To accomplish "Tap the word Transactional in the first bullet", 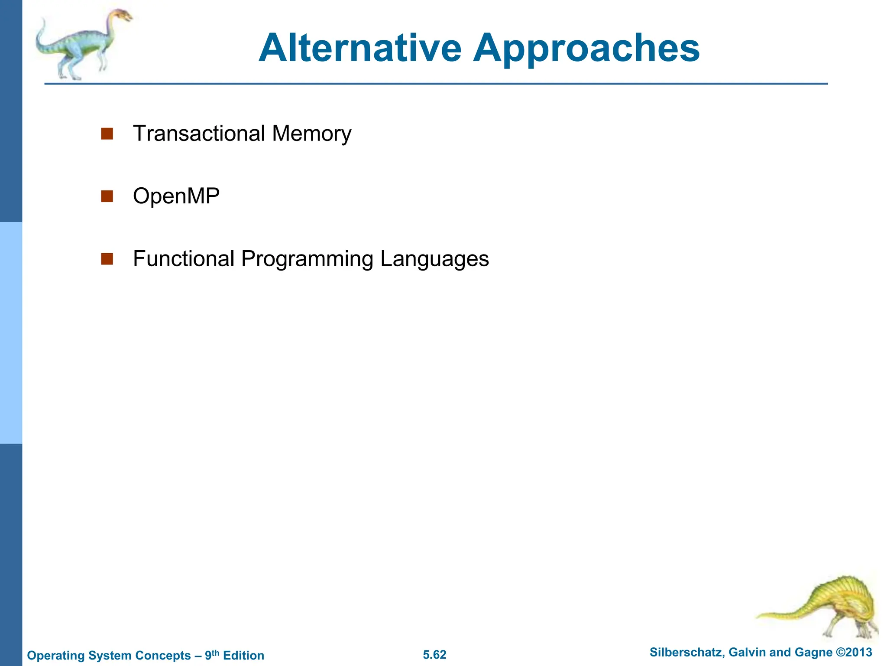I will (199, 133).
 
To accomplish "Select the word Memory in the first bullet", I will (312, 134).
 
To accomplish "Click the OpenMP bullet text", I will (176, 196).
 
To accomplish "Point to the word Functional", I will (184, 258).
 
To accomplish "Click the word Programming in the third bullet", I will (307, 259).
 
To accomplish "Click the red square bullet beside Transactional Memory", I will (107, 134).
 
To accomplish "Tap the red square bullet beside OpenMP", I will (107, 196).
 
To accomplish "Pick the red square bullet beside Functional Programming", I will (107, 259).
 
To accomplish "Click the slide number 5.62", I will (434, 655).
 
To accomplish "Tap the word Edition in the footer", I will (243, 656).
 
